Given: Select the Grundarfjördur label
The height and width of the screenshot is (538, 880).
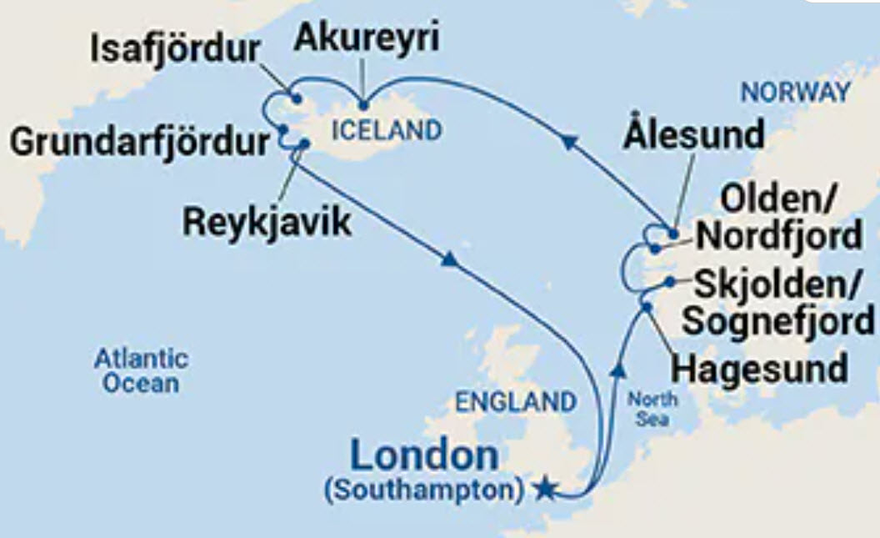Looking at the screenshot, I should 139,142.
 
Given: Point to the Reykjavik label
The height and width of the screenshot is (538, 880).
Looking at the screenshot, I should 267,223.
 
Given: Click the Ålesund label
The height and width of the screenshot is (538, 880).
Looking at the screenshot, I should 692,135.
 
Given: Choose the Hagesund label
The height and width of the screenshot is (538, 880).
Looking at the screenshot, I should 760,368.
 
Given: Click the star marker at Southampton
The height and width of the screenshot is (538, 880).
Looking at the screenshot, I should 544,488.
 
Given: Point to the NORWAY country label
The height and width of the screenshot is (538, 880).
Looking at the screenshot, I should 795,93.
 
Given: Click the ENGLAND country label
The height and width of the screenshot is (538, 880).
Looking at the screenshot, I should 515,401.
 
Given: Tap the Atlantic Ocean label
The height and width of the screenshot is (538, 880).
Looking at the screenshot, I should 141,371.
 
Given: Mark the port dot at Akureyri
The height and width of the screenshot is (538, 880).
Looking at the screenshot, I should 363,105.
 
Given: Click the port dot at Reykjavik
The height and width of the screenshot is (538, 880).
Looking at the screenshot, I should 304,143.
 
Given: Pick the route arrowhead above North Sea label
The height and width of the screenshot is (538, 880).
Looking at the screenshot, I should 618,368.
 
